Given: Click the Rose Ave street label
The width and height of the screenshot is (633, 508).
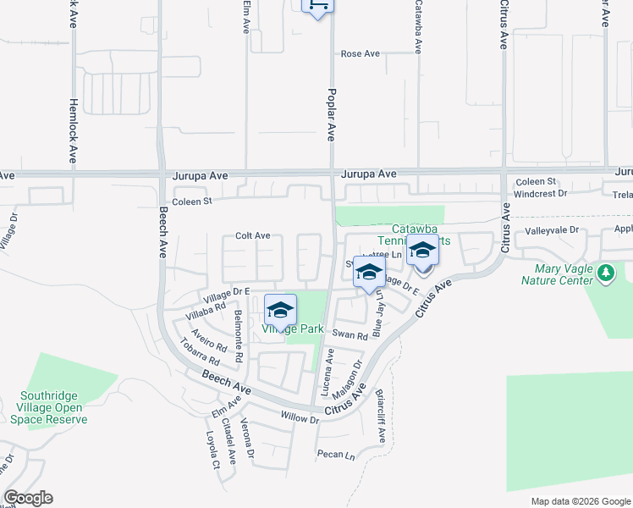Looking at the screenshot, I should [x=361, y=53].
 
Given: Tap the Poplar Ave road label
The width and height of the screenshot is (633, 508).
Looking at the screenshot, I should [x=332, y=114].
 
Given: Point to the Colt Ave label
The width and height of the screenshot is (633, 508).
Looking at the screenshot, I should [x=252, y=235].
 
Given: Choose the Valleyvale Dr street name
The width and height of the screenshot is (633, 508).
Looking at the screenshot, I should [x=551, y=229].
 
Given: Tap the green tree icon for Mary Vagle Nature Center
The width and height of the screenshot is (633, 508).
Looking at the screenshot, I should [x=605, y=273].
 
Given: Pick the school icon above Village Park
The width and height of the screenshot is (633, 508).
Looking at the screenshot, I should [x=280, y=309].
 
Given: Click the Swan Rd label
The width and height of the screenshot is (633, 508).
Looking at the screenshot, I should [x=350, y=335].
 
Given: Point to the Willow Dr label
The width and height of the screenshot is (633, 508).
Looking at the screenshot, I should [x=300, y=418].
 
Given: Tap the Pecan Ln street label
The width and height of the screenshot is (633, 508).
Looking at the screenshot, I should [x=336, y=455].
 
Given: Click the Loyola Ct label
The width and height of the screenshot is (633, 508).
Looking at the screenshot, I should [x=213, y=450].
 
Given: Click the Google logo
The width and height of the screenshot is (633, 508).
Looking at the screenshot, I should [x=28, y=498].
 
